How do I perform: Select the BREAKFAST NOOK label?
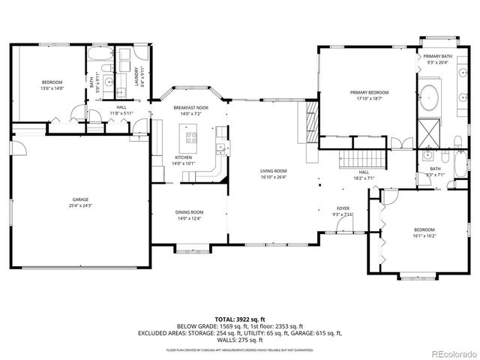tap(191, 108)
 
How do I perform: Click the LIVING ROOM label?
tap(274, 171)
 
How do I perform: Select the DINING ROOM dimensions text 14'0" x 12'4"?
tap(190, 218)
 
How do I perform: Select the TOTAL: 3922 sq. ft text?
tap(239, 319)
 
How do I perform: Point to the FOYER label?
tap(343, 208)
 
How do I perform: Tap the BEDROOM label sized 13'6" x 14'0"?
tap(52, 82)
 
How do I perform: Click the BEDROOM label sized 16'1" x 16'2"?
tap(424, 229)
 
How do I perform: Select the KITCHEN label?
tap(183, 157)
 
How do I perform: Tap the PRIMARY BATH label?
tap(437, 57)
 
